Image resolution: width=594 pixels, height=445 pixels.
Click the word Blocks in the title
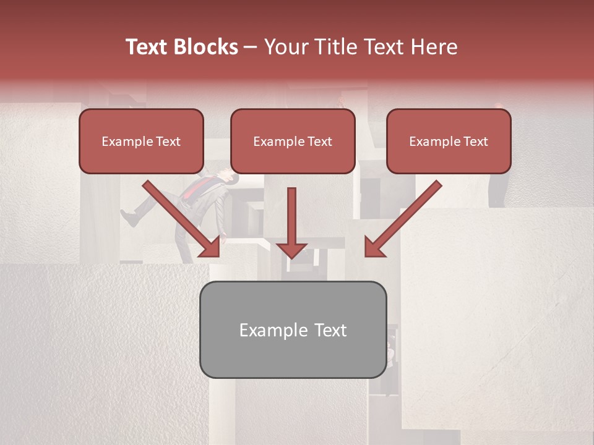pos(206,47)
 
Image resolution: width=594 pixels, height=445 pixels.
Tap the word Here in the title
pos(433,47)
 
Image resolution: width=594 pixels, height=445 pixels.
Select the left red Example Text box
pos(141,142)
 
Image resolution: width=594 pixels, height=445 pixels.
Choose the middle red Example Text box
pos(293,142)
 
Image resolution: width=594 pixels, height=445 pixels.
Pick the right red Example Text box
pos(449,142)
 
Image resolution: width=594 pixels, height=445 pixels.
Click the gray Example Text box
pos(293,329)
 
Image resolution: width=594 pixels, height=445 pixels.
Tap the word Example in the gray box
pos(267,330)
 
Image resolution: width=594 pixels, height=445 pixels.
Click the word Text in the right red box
pos(476,142)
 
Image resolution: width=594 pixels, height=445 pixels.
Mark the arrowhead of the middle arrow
pos(291,250)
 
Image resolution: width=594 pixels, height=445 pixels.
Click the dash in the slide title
pos(251,47)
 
